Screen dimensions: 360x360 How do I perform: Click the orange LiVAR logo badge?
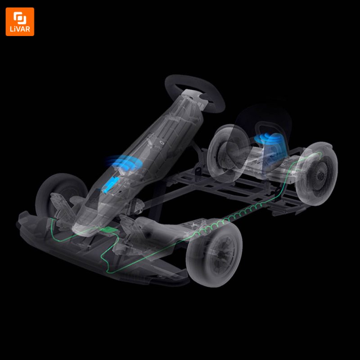click(20, 22)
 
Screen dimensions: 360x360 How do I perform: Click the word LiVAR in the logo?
click(20, 29)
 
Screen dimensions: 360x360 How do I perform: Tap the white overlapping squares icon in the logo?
click(20, 18)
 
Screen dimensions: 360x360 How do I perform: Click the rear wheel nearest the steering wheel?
click(228, 153)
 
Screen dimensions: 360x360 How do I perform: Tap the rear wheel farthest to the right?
click(316, 174)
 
